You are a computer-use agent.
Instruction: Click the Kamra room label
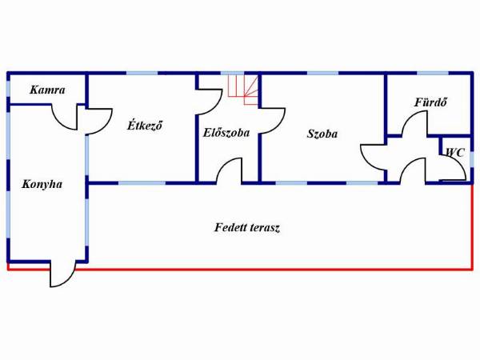click(47, 90)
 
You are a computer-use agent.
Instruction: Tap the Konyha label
click(42, 184)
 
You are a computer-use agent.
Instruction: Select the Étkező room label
click(145, 126)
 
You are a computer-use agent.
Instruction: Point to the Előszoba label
click(226, 133)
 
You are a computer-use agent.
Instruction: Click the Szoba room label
click(322, 134)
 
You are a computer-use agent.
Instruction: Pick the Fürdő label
click(430, 102)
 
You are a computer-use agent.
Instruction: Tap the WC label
click(455, 152)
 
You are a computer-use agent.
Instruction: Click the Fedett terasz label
click(247, 227)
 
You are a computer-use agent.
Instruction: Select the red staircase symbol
click(243, 90)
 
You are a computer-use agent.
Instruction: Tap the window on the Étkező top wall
click(142, 73)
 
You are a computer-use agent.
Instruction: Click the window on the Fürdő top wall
click(433, 73)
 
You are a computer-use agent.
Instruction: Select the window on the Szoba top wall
click(323, 73)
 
